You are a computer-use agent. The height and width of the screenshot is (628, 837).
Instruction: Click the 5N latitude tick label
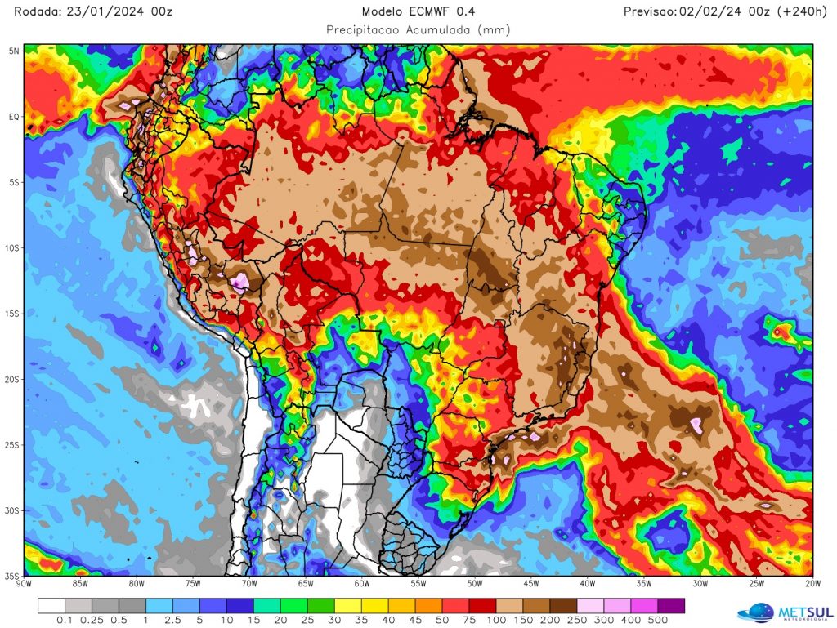(14, 51)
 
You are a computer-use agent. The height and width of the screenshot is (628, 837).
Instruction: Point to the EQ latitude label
(14, 117)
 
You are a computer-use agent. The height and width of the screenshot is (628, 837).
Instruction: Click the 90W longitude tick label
(24, 583)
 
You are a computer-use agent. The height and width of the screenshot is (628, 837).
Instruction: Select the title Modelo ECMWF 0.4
(418, 11)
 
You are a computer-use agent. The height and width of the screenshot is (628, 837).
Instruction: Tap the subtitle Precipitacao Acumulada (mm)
(418, 30)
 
